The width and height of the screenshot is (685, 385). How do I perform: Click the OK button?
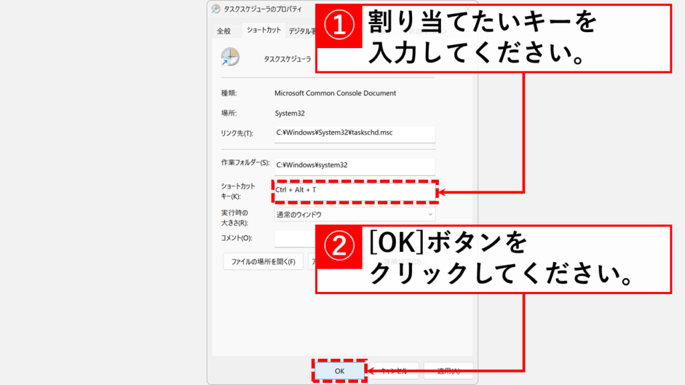coord(339,370)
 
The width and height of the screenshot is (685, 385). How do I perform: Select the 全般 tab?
coord(223,31)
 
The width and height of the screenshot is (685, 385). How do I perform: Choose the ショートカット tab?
coord(264,30)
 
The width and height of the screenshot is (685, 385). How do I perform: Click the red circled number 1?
coord(338,25)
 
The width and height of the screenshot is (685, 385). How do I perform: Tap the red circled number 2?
coord(338,246)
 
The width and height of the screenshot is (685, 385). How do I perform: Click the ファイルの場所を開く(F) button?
coord(263,261)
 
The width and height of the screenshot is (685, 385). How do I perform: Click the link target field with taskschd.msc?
coord(355,133)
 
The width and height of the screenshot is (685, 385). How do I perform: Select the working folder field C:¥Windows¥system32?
coord(355,165)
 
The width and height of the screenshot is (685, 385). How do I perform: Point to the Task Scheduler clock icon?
coord(229,57)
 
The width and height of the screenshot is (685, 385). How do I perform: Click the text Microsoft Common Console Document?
coord(335,94)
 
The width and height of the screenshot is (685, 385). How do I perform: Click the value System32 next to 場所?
coord(289,114)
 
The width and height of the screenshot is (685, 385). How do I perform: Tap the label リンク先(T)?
coord(237,134)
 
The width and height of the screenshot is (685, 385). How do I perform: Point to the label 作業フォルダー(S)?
coord(245,162)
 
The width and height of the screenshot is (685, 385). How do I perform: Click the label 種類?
coord(229,94)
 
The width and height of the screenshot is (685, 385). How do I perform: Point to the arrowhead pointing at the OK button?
coord(370,370)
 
